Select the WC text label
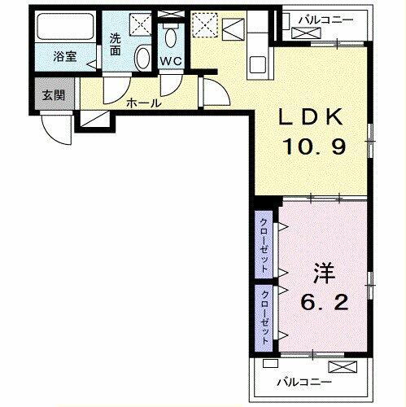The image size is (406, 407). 170,59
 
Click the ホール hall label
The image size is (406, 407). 143,103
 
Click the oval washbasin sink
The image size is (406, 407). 143,58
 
